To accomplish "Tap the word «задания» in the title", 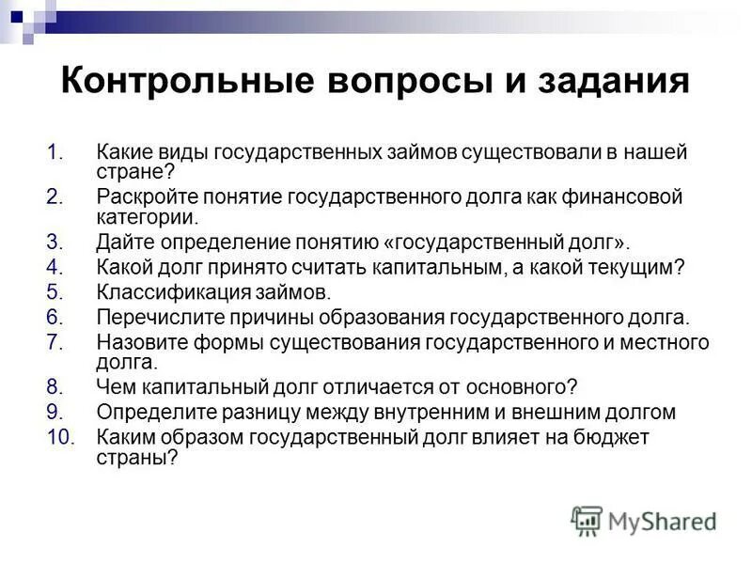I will click(601, 81).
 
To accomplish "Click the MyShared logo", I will click(643, 521).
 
